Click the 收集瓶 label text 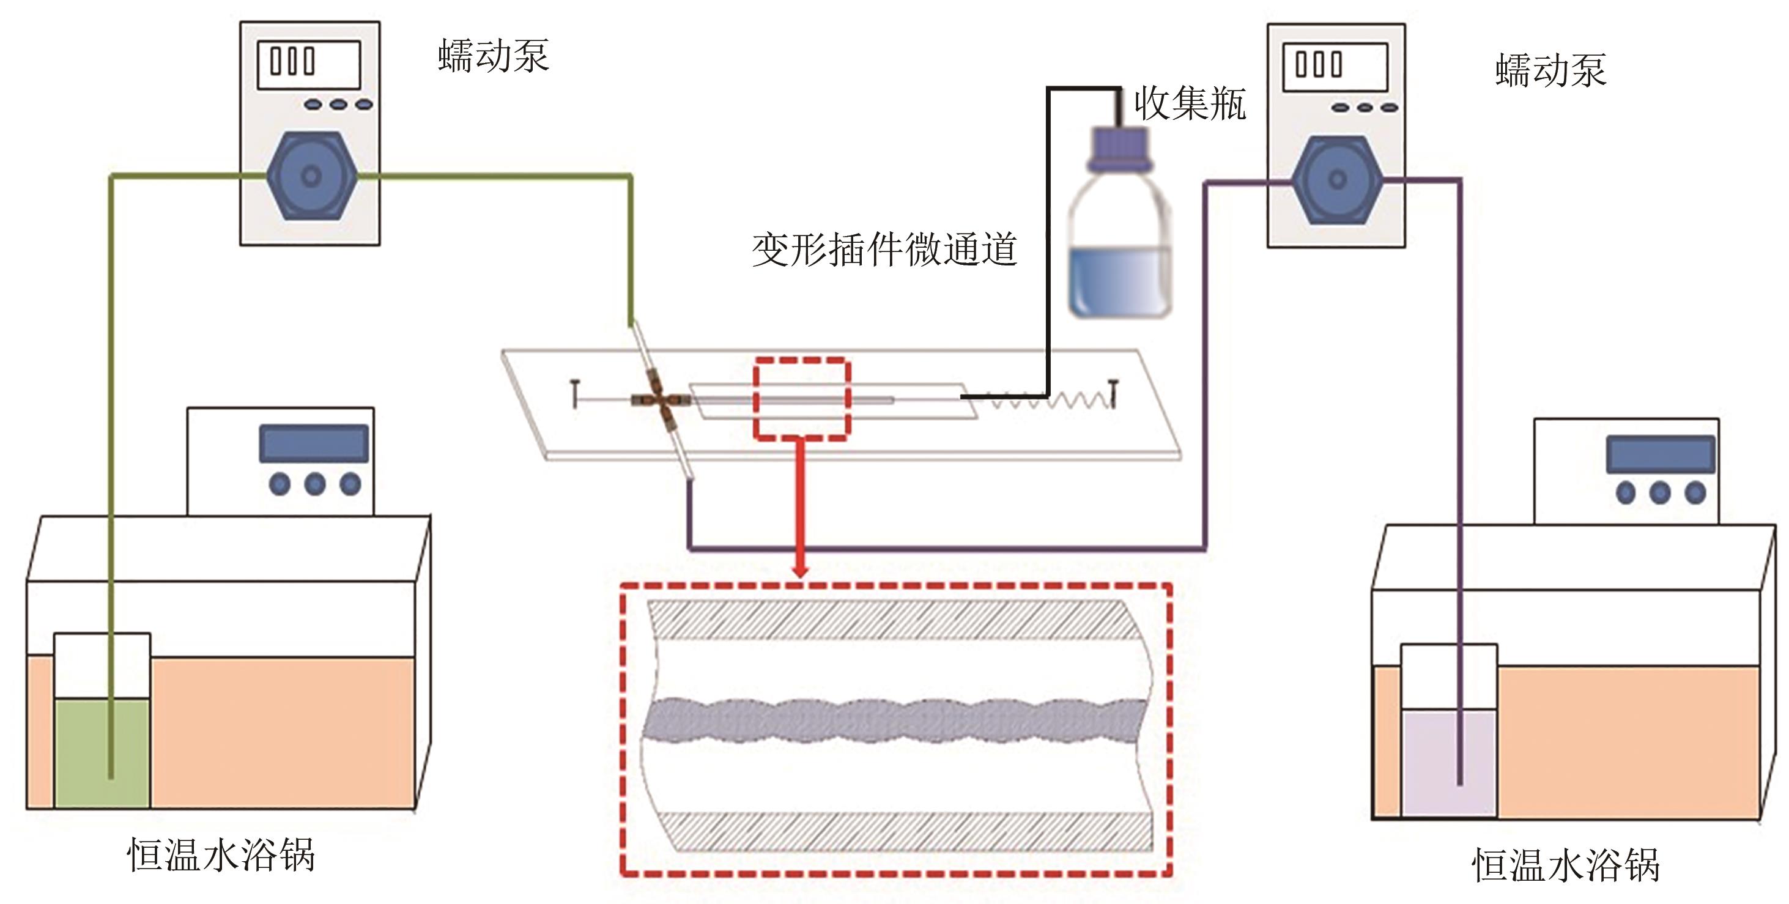1190,104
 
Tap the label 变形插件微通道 884,250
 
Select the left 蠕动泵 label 493,56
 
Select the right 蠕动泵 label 1550,71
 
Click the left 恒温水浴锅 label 221,854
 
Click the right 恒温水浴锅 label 1565,865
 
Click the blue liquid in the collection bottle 1119,281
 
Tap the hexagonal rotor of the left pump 312,176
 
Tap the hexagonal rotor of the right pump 1337,180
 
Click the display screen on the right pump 1334,67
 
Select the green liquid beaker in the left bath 102,754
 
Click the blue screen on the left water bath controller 314,443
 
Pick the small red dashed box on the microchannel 802,399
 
